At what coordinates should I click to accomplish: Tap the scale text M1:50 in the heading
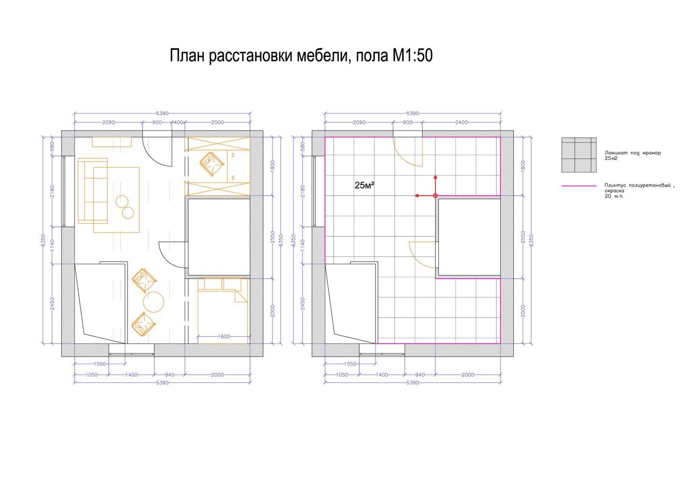tap(412, 56)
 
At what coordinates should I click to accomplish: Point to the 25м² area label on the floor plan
tap(364, 185)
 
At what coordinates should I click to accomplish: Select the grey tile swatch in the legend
tap(579, 155)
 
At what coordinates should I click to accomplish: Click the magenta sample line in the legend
tap(579, 185)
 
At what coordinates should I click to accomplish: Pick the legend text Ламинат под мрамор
tap(633, 153)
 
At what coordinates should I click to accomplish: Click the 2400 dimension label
tap(461, 122)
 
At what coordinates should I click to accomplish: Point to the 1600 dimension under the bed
tap(224, 337)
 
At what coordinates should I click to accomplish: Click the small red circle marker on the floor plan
tap(436, 196)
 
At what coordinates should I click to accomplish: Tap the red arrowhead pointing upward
tap(436, 177)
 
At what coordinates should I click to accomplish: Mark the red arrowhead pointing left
tap(417, 196)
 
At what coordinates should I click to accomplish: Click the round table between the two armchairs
tap(154, 302)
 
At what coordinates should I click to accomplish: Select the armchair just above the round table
tap(144, 281)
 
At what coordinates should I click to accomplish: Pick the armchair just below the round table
tap(144, 324)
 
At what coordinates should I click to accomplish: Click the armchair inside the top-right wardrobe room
tap(212, 164)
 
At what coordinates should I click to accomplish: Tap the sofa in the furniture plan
tap(93, 191)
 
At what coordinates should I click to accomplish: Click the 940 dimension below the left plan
tap(170, 375)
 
